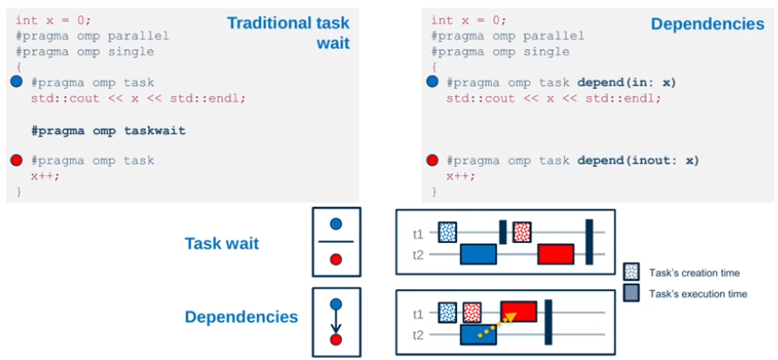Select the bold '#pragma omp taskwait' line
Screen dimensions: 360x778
[x=108, y=131]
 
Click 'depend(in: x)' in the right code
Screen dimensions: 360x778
[x=627, y=83]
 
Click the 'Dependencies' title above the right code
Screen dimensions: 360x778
[x=706, y=24]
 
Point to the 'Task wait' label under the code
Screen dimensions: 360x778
[x=222, y=243]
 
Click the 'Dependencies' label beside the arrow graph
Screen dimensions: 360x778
[x=241, y=316]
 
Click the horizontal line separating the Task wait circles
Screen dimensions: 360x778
[x=336, y=242]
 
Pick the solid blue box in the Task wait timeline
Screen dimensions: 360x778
[x=478, y=254]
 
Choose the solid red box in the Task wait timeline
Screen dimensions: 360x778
[x=555, y=254]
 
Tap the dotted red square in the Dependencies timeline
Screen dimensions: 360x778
[x=472, y=313]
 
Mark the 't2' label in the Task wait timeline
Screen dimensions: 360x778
[x=417, y=255]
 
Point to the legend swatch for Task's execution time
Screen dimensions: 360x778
[x=633, y=293]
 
